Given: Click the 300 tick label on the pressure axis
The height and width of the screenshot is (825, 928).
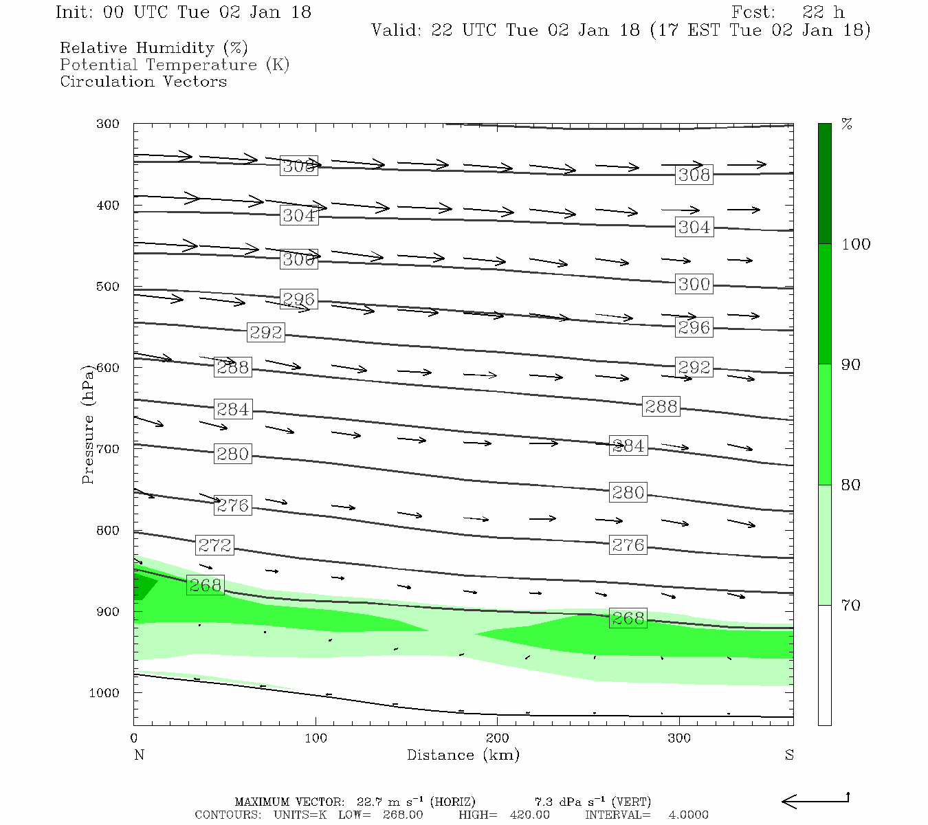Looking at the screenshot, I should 108,124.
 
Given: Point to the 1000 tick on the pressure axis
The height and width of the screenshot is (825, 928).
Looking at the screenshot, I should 104,693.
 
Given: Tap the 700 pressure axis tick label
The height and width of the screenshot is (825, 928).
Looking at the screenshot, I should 108,449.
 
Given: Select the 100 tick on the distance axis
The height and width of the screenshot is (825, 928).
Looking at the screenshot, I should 316,738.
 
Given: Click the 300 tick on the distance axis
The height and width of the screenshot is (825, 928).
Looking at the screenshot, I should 679,738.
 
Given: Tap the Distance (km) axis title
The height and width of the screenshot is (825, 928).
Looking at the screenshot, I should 463,755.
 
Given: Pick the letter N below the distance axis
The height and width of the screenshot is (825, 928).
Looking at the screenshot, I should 139,755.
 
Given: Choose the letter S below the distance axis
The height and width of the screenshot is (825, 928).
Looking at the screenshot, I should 789,755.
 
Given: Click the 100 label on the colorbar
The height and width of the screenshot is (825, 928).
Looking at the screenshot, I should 856,244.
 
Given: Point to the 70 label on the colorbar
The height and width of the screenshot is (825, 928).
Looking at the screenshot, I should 851,606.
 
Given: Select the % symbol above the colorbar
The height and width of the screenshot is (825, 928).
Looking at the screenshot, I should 847,124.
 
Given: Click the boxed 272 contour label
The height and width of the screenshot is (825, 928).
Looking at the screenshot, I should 214,545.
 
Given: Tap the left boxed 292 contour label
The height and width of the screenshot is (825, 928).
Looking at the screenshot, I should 266,333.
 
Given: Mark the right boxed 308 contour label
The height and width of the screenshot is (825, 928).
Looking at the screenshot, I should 694,175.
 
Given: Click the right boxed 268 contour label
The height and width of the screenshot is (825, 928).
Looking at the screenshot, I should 628,618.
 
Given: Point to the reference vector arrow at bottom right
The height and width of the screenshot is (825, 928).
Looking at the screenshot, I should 815,800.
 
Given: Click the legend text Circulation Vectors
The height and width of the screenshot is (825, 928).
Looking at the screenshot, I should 143,81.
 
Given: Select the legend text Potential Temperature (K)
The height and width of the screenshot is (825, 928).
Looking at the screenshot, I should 175,65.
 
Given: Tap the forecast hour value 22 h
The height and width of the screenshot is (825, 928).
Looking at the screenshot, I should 823,12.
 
